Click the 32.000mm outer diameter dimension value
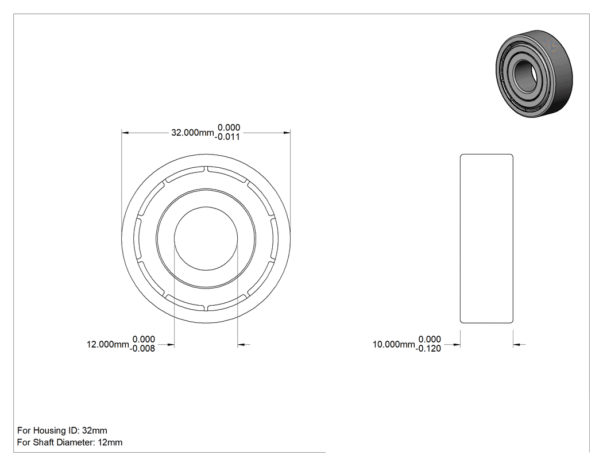pyautogui.click(x=192, y=133)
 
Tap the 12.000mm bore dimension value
pyautogui.click(x=108, y=344)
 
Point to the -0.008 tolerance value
pyautogui.click(x=142, y=349)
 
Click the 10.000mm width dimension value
pyautogui.click(x=394, y=344)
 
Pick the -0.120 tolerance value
pyautogui.click(x=428, y=349)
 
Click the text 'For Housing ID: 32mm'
pyautogui.click(x=62, y=430)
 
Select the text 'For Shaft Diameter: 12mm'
pyautogui.click(x=70, y=442)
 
